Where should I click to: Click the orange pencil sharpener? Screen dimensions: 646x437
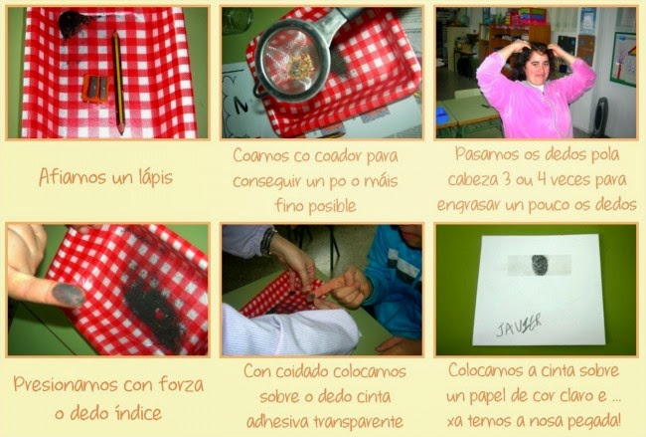[x=95, y=89]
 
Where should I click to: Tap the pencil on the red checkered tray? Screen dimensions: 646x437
[x=118, y=83]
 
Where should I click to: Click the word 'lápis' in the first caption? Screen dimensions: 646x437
[x=153, y=178]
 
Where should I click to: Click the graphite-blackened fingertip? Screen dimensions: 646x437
[x=69, y=295]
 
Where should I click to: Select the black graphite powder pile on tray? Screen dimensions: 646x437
[x=155, y=309]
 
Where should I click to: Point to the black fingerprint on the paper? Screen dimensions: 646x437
[x=540, y=265]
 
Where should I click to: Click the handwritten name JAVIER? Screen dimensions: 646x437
[x=518, y=325]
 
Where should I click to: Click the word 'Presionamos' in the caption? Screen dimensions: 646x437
[x=66, y=385]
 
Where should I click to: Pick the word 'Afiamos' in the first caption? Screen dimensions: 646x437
[x=73, y=177]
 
